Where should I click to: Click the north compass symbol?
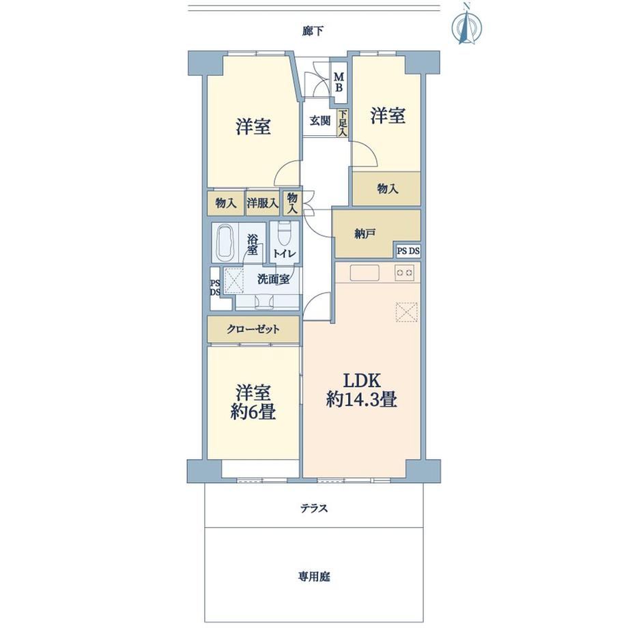[x=466, y=24]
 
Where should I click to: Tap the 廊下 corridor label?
[x=313, y=31]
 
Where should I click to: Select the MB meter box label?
[x=339, y=82]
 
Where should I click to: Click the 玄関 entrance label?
[x=320, y=120]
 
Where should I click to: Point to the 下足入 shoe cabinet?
[x=343, y=124]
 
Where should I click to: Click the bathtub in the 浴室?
[x=225, y=242]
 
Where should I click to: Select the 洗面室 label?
[x=273, y=279]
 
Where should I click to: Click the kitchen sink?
[x=365, y=273]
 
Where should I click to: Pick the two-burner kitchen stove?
[x=405, y=273]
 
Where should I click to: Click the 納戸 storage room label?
[x=365, y=234]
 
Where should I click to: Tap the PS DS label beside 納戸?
[x=408, y=251]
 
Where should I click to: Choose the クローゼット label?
[x=253, y=329]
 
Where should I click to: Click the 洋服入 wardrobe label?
[x=263, y=203]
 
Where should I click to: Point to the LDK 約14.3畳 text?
[x=361, y=389]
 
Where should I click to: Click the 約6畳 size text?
[x=253, y=412]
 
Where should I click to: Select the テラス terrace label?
[x=315, y=509]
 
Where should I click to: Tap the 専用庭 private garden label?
[x=314, y=577]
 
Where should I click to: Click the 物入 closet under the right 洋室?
[x=386, y=188]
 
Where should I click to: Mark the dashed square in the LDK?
[x=407, y=311]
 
